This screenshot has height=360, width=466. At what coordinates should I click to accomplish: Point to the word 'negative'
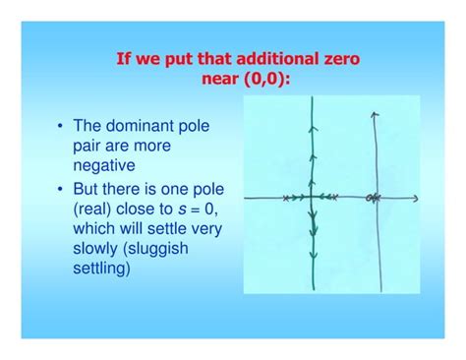pos(103,165)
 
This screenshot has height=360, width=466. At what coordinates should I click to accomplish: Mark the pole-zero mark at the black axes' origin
pos(373,199)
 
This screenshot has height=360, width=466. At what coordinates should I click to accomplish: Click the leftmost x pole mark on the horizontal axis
pos(285,199)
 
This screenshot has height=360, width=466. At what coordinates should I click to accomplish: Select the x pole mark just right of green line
pos(334,198)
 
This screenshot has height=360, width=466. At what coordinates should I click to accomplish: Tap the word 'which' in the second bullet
pos(94,228)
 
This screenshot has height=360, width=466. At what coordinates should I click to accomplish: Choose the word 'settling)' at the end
pos(101,268)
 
